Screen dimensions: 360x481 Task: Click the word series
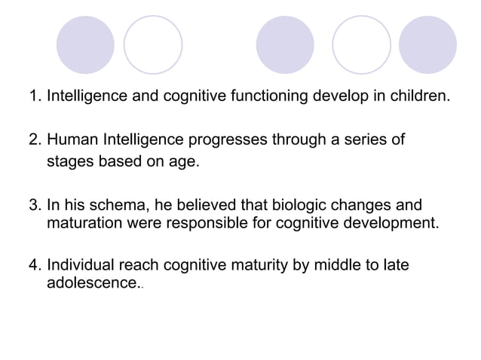pos(366,140)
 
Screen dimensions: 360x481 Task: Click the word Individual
pos(80,266)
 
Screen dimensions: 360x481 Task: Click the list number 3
pos(32,206)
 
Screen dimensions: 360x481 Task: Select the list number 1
pos(32,97)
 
